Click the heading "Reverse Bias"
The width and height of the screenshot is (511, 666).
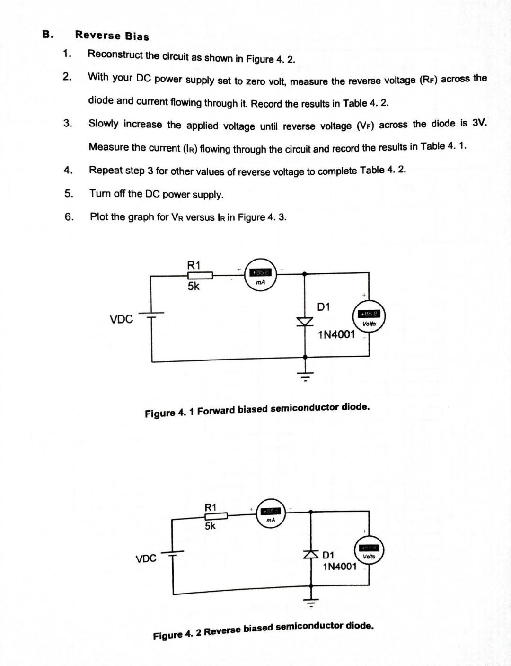click(112, 36)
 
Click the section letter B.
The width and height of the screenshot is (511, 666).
click(47, 34)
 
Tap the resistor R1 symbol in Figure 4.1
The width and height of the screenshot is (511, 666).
click(200, 275)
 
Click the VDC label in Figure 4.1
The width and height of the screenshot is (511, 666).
click(121, 319)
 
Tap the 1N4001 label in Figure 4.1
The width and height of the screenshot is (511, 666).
click(336, 334)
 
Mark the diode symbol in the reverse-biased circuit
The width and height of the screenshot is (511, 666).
click(311, 554)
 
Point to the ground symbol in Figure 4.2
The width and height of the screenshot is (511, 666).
click(311, 602)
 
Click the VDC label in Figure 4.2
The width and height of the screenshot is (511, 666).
click(146, 558)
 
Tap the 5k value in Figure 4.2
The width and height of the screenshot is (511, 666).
click(210, 526)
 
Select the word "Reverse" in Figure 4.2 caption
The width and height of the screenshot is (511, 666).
click(222, 631)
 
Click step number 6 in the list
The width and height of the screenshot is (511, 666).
click(69, 217)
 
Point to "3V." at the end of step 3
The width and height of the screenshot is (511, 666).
click(479, 123)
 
